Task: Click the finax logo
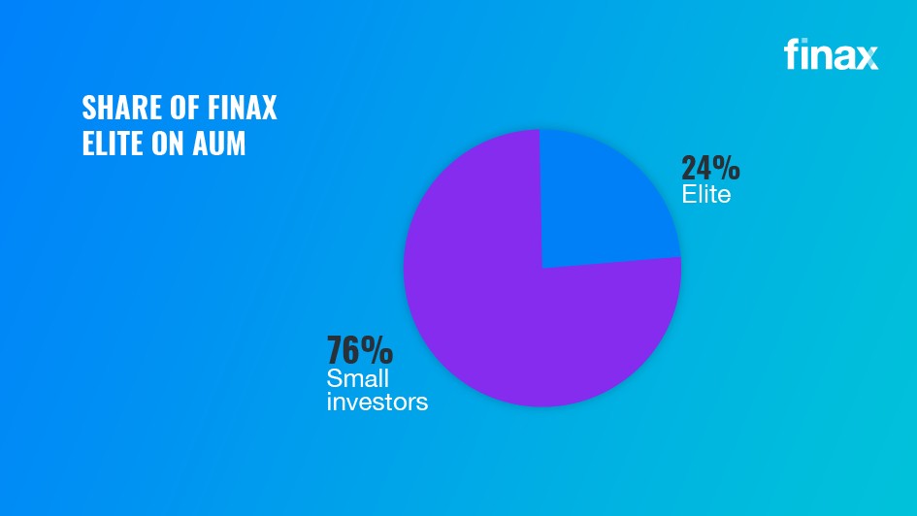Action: point(831,54)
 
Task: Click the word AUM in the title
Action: point(219,144)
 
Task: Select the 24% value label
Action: point(710,169)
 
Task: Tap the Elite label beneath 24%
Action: point(705,195)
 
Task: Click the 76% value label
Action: point(359,349)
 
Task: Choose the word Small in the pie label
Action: point(357,378)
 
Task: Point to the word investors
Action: point(377,401)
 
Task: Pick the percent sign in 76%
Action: point(377,349)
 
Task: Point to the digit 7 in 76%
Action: point(336,349)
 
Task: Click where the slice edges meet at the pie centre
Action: point(541,268)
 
